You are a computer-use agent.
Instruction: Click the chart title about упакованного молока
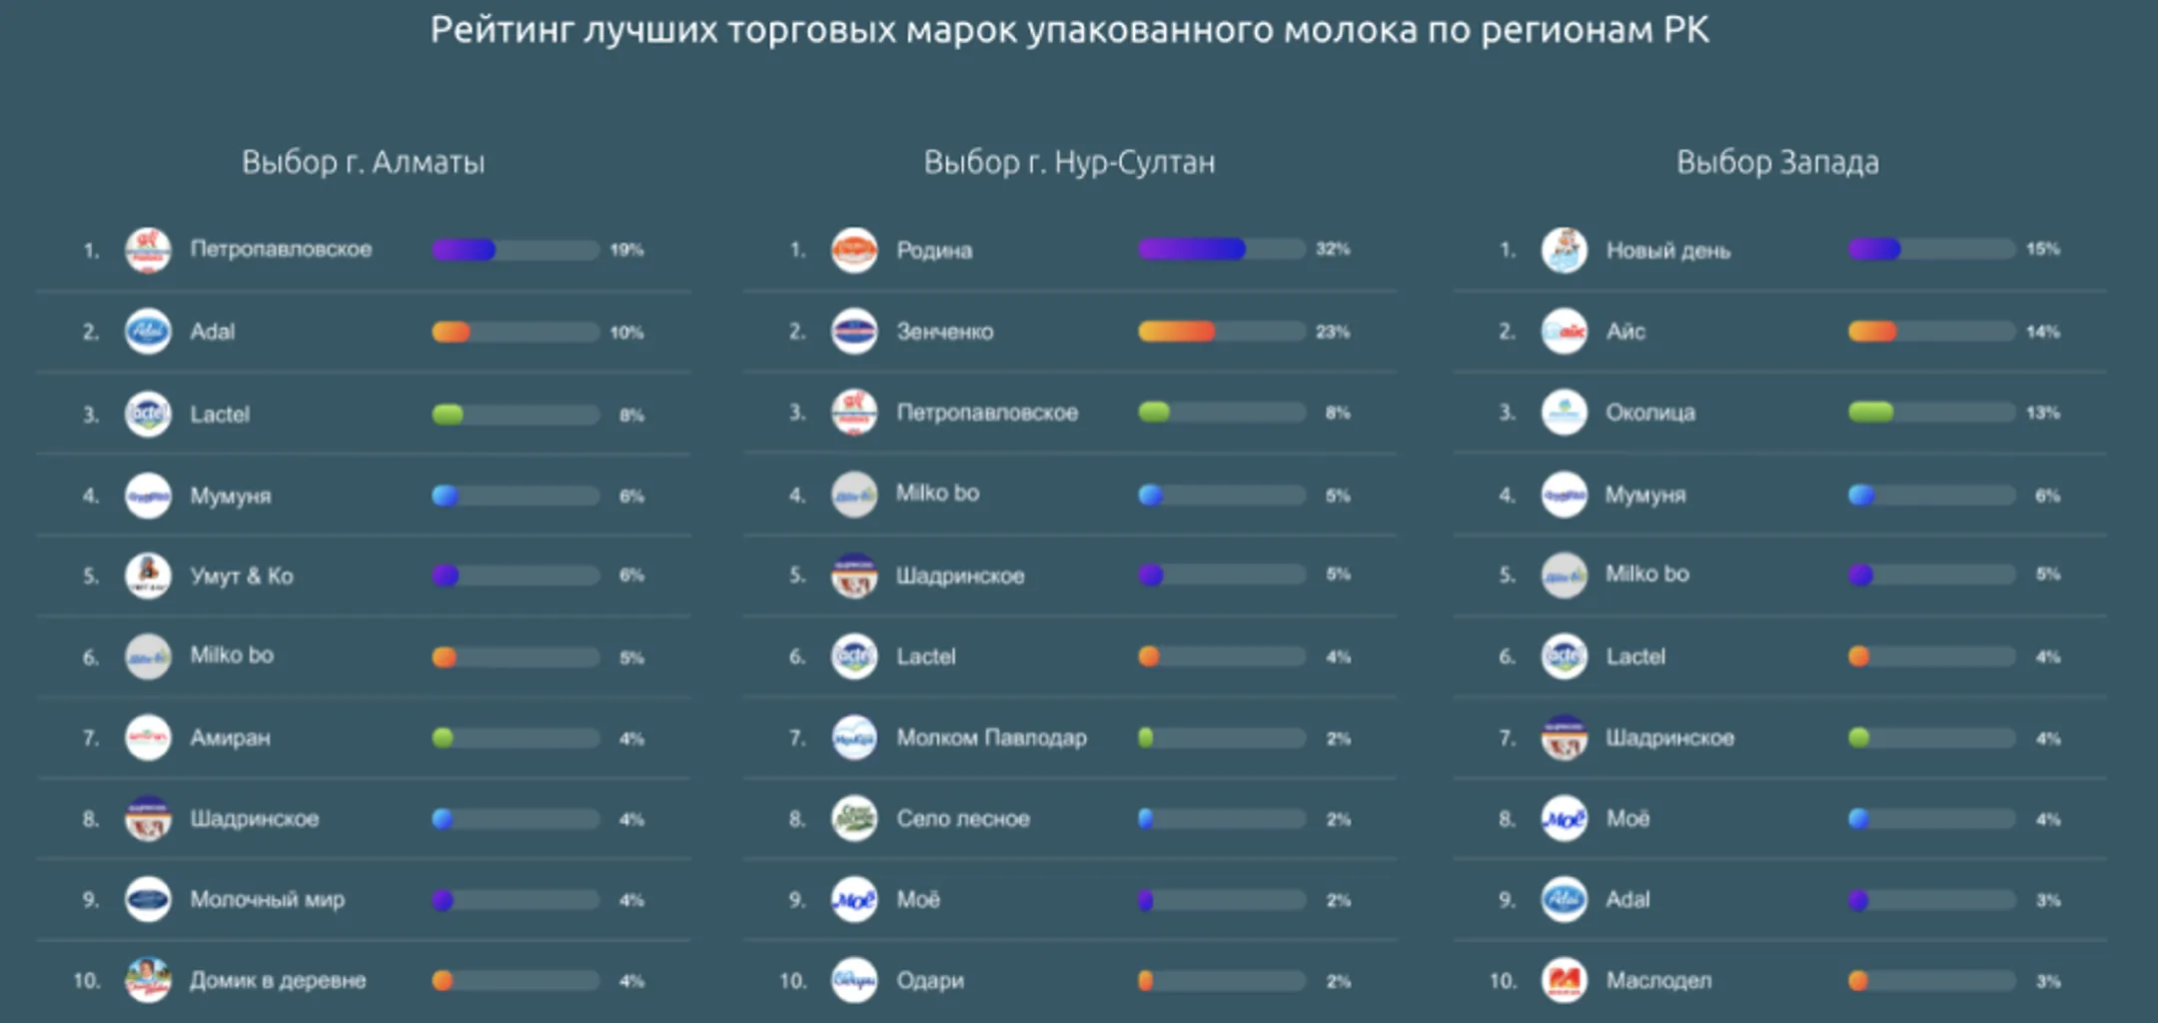(1069, 30)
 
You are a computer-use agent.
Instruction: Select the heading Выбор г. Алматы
(363, 162)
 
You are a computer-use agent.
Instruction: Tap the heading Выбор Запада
(1777, 162)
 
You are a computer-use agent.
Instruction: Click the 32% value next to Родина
(1333, 249)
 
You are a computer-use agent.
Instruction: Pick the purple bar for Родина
(1192, 249)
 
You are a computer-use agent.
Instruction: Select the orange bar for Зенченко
(1176, 332)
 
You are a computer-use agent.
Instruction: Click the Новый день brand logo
(1564, 250)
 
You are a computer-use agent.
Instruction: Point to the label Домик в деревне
(278, 981)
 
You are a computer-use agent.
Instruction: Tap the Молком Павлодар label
(991, 738)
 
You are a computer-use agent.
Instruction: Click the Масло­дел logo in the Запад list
(1564, 981)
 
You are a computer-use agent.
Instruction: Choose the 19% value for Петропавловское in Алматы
(626, 250)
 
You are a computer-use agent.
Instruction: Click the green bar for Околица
(1870, 413)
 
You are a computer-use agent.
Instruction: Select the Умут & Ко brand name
(242, 576)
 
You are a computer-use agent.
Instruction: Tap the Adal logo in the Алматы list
(148, 332)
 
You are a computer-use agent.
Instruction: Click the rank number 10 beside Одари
(792, 981)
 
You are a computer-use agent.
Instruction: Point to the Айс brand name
(1625, 332)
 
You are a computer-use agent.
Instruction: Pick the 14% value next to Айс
(2042, 332)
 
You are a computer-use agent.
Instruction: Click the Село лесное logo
(854, 819)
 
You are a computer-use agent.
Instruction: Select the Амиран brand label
(230, 738)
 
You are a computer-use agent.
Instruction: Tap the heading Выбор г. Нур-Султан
(1069, 162)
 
